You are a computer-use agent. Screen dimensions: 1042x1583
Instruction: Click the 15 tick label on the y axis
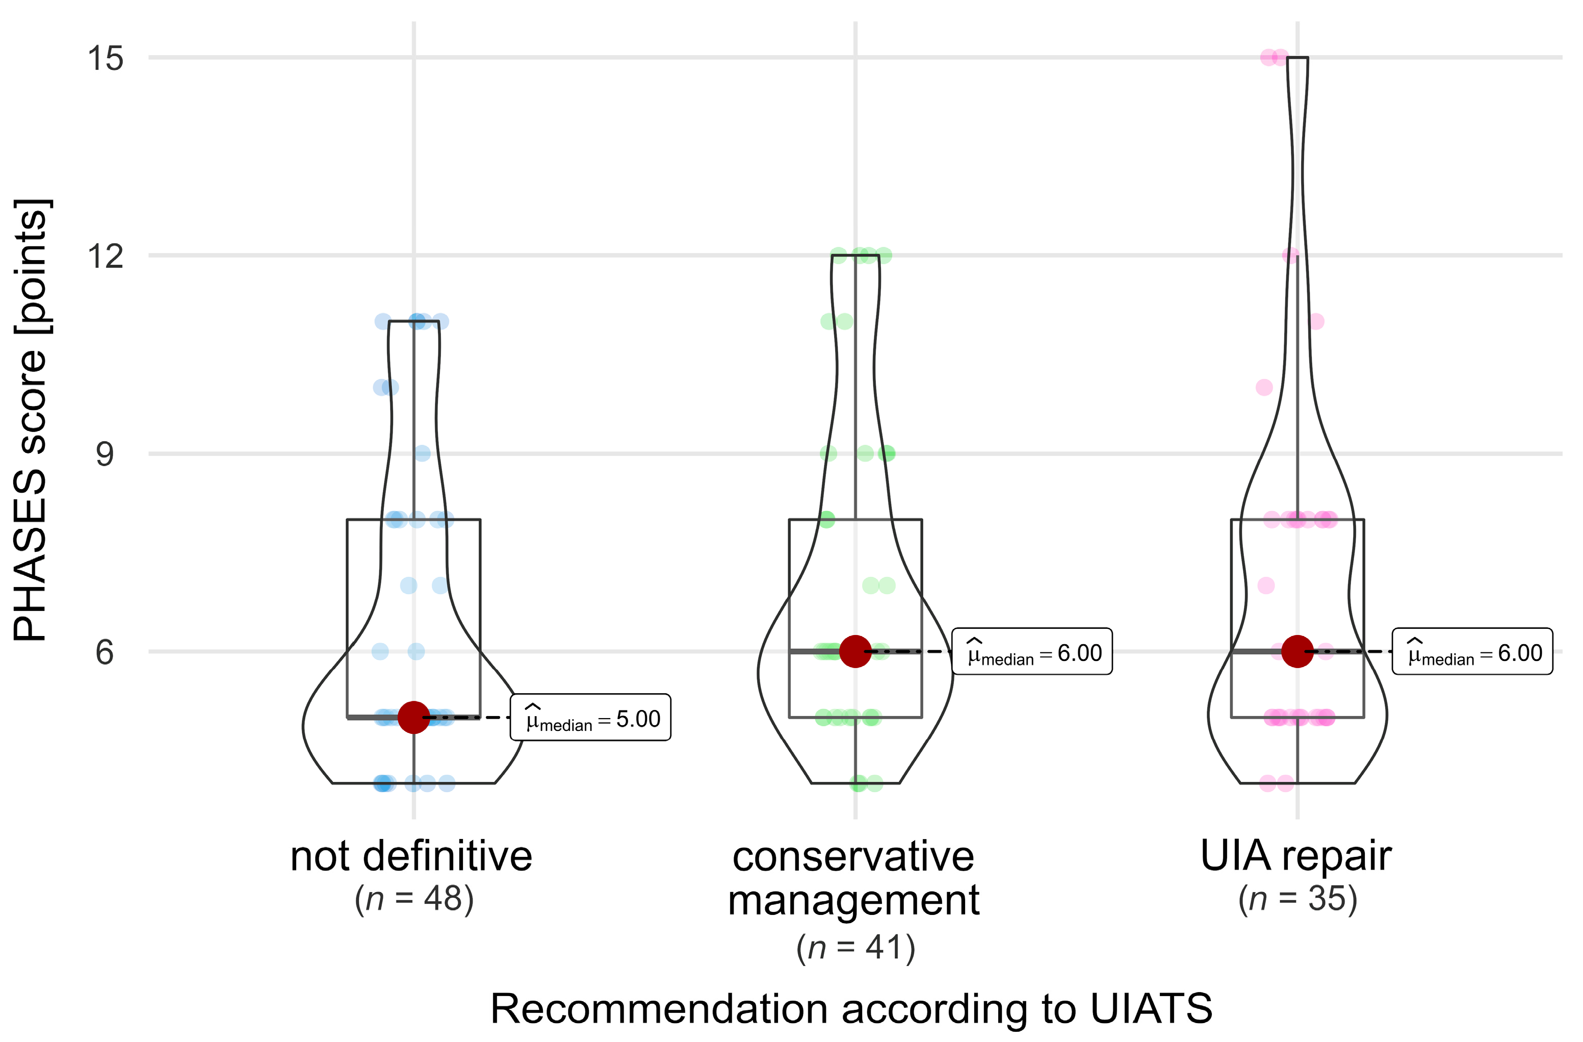[x=106, y=59]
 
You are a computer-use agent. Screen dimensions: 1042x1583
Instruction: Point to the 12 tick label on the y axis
[x=106, y=256]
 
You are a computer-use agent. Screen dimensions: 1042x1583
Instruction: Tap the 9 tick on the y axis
[x=105, y=455]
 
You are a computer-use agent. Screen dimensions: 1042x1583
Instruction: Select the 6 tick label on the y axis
[x=105, y=653]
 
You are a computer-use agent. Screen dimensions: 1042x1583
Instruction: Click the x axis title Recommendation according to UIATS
[x=852, y=1009]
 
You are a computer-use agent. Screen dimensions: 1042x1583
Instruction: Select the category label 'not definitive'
[x=412, y=856]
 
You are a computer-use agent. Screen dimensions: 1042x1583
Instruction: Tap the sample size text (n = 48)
[x=414, y=899]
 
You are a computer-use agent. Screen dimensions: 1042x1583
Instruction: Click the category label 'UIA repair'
[x=1296, y=856]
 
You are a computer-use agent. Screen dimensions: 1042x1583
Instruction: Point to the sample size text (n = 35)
[x=1297, y=899]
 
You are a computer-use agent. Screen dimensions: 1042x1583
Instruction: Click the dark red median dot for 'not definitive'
[x=413, y=717]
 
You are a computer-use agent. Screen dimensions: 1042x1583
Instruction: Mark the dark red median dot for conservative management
[x=855, y=651]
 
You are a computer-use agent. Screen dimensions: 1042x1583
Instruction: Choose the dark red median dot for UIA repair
[x=1297, y=651]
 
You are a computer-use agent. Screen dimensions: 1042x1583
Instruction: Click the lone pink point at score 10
[x=1264, y=387]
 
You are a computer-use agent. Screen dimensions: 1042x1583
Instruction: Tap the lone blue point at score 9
[x=422, y=454]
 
